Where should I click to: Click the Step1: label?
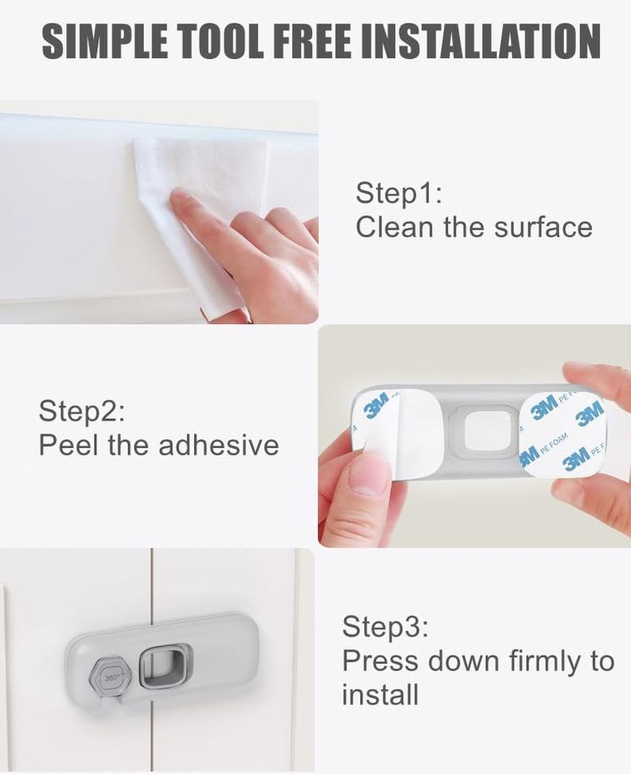(x=400, y=193)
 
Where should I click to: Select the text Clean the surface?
(x=473, y=227)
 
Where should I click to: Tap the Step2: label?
(x=82, y=411)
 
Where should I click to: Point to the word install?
(x=379, y=695)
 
